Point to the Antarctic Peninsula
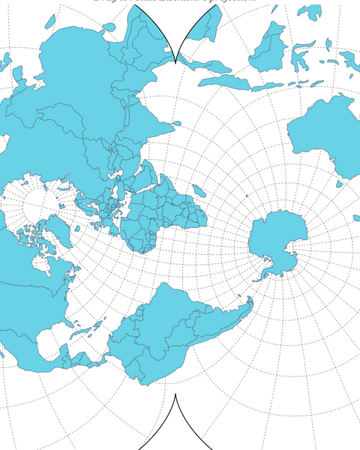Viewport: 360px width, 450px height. (x=264, y=274)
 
